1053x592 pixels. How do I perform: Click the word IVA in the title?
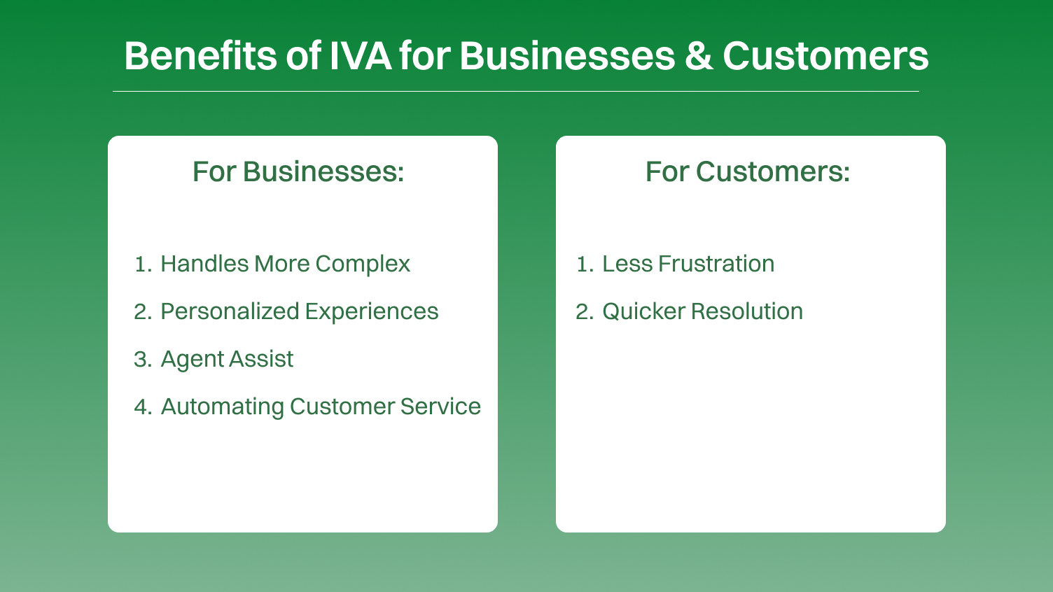tap(360, 56)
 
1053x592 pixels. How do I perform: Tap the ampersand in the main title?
tap(699, 56)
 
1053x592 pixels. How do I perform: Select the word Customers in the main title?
tap(825, 56)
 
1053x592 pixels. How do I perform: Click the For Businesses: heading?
tap(299, 172)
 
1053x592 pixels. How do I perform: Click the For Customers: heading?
tap(748, 172)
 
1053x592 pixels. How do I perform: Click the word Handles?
tap(205, 264)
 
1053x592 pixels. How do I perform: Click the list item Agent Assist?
tap(227, 359)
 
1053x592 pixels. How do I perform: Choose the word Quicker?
tap(643, 311)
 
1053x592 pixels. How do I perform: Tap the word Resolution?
tap(747, 311)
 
